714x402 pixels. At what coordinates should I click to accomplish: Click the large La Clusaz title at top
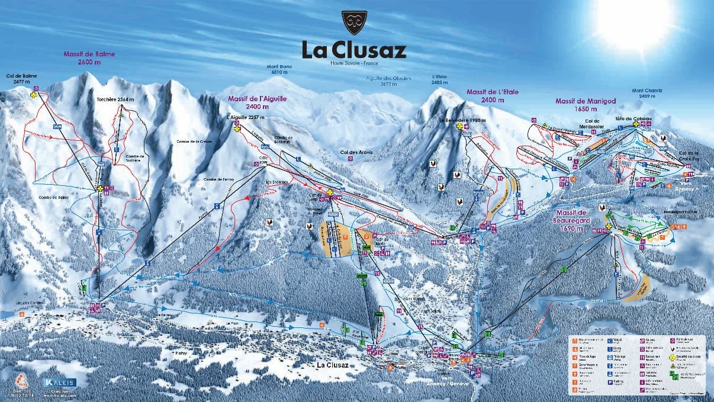pyautogui.click(x=354, y=49)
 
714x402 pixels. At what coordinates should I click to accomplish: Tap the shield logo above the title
pyautogui.click(x=354, y=22)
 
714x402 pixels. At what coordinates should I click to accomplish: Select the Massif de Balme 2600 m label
pyautogui.click(x=89, y=57)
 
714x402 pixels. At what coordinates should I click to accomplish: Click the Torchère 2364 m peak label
pyautogui.click(x=115, y=99)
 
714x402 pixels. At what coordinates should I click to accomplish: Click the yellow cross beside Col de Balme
pyautogui.click(x=34, y=95)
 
